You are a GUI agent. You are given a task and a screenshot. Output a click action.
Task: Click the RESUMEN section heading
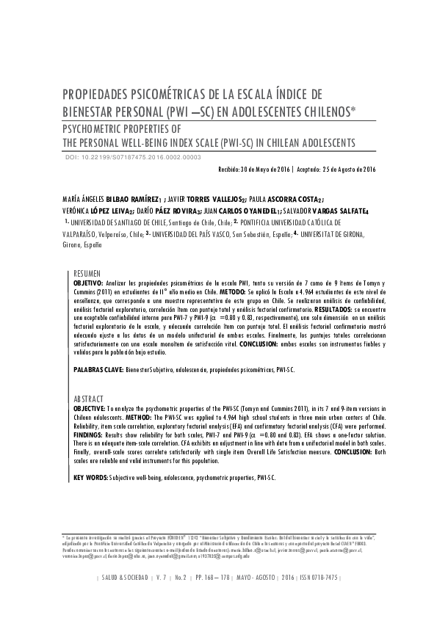click(x=88, y=272)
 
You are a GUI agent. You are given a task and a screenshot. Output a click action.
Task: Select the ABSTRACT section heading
click(x=89, y=399)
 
